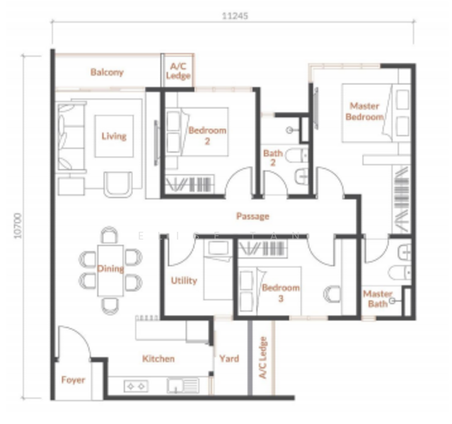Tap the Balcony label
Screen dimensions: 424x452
[x=107, y=72]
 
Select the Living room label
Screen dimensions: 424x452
[x=114, y=136]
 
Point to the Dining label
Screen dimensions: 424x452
[x=111, y=269]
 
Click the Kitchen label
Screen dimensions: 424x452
[x=158, y=358]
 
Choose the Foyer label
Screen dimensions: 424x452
[x=73, y=379]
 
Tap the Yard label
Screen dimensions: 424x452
[x=229, y=358]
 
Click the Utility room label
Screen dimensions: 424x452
[x=184, y=281]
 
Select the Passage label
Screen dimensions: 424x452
[x=253, y=216]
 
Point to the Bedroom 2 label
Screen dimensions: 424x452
[x=207, y=135]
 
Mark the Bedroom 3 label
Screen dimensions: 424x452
[x=281, y=293]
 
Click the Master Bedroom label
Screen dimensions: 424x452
[x=364, y=111]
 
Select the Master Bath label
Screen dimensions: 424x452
[x=378, y=298]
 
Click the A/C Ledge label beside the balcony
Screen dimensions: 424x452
[x=178, y=71]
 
